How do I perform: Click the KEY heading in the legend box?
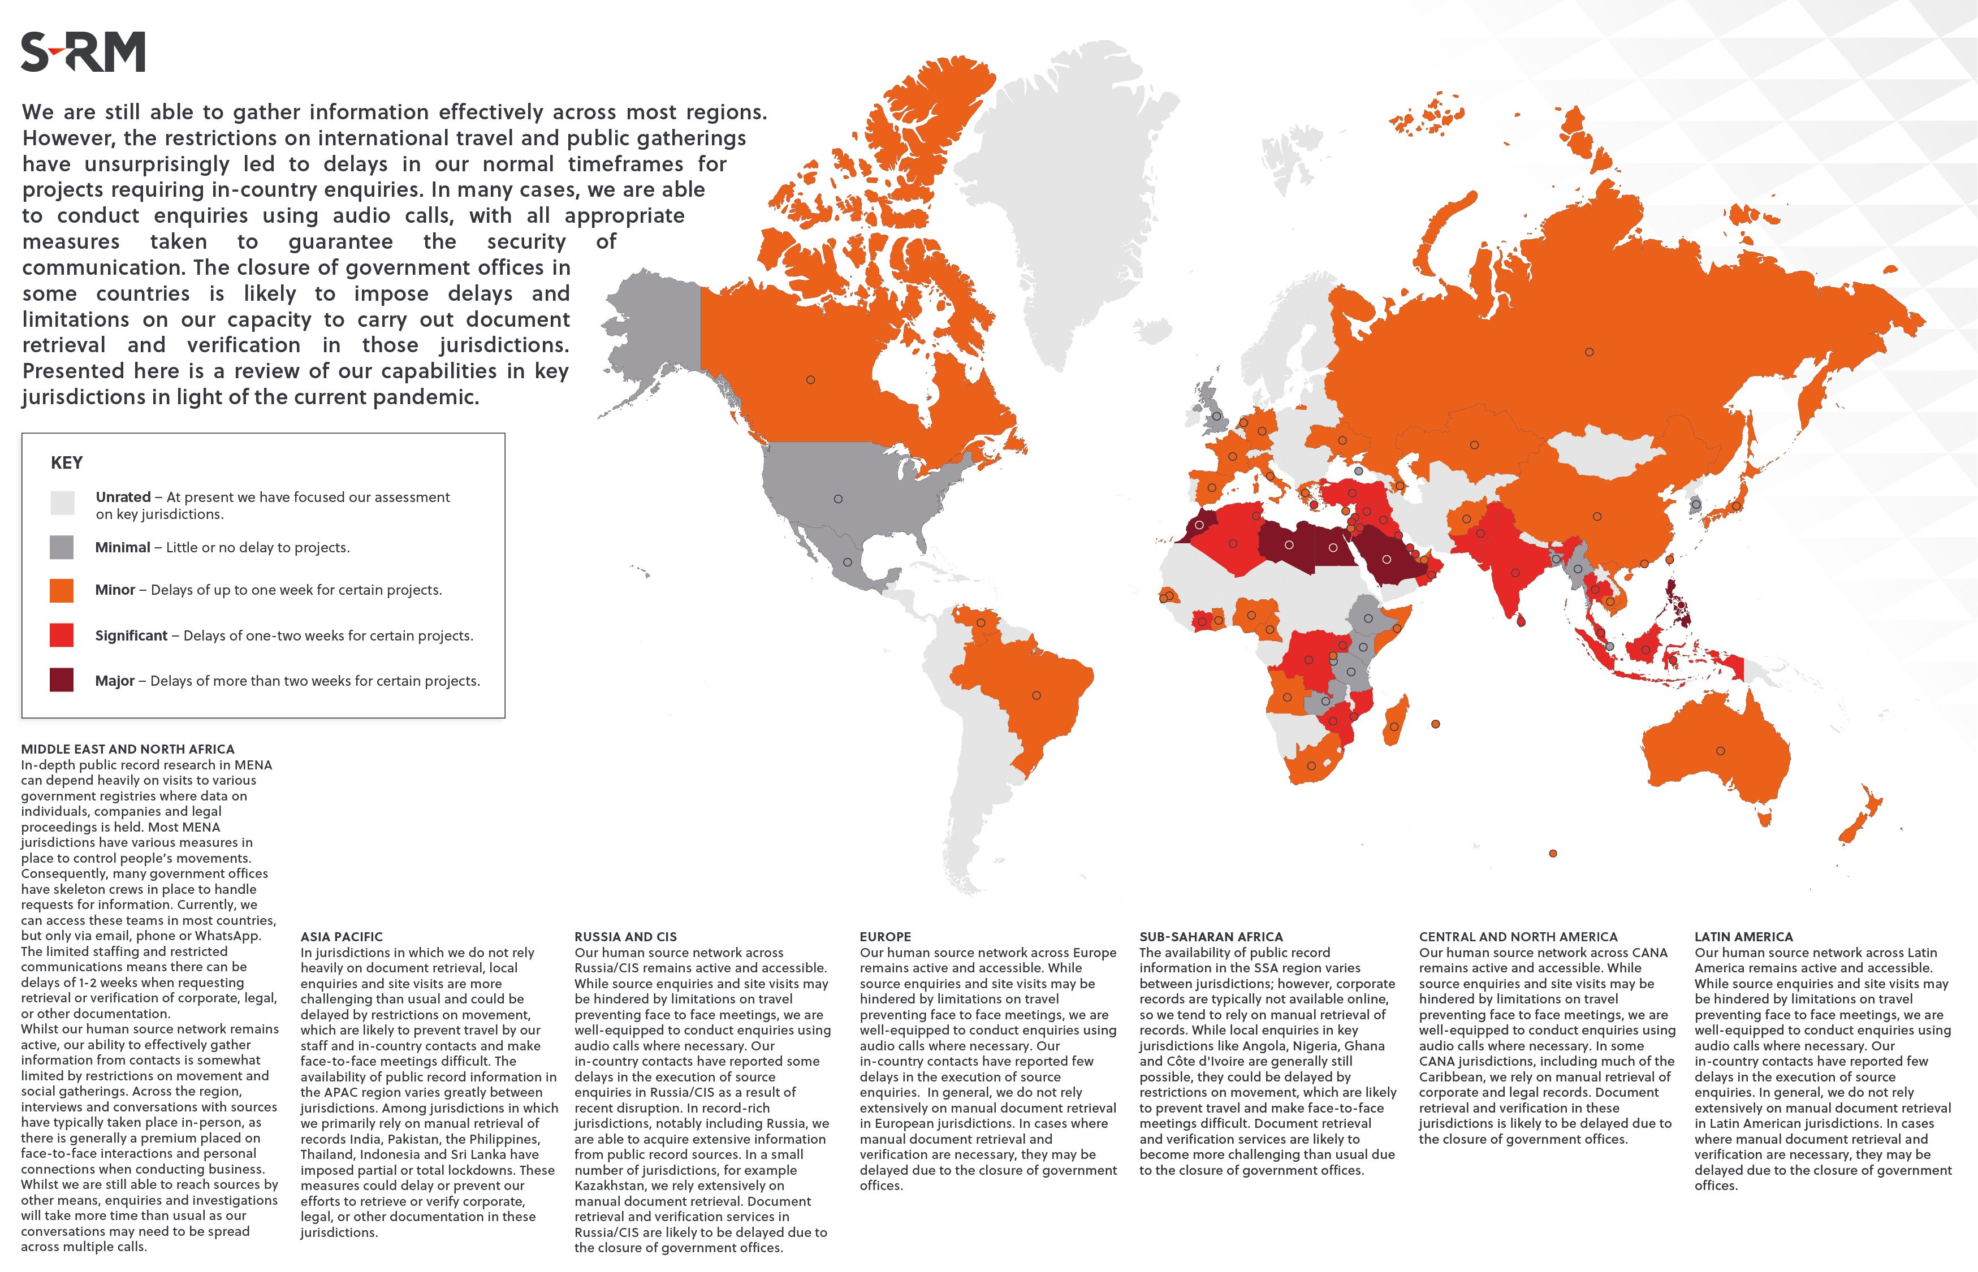pos(67,462)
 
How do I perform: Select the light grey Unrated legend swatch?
pos(62,502)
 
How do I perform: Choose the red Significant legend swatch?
pos(62,635)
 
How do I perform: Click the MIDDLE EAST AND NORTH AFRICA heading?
pos(128,749)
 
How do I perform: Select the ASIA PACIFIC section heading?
pos(341,937)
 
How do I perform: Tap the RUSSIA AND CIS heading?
pos(625,937)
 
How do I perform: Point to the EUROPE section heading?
pos(885,937)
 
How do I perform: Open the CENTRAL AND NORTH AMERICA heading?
pos(1518,937)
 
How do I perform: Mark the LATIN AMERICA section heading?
pos(1743,937)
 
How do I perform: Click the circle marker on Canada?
pos(810,380)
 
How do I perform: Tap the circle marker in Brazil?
pos(1036,695)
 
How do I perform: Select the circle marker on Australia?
pos(1720,751)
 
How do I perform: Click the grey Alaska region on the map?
pos(653,330)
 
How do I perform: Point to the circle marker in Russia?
pos(1589,352)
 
